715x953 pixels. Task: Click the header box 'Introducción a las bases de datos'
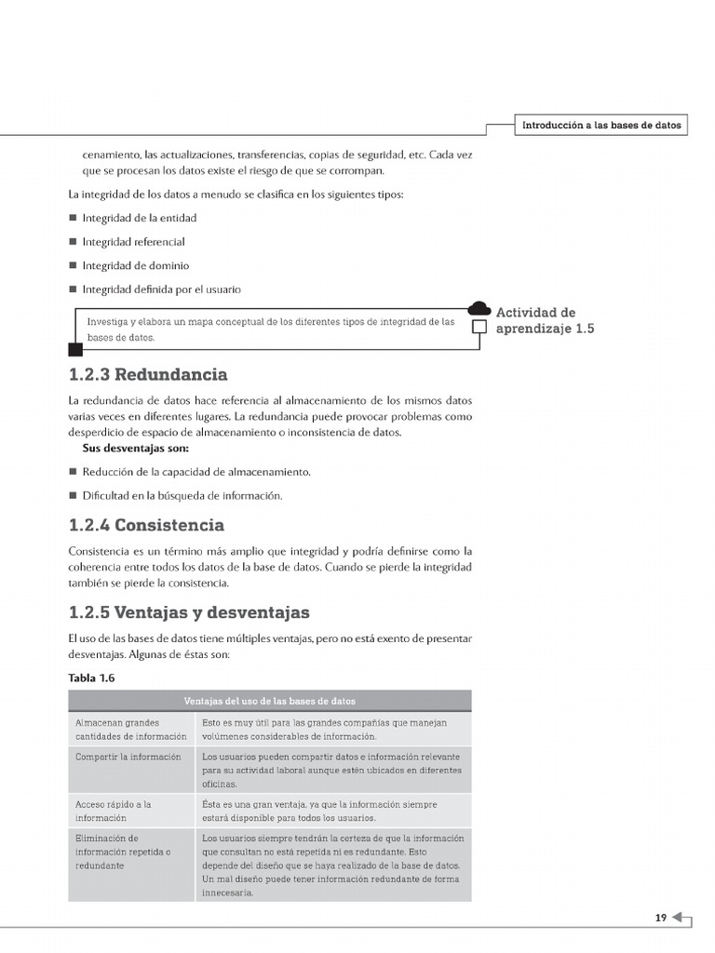pos(601,125)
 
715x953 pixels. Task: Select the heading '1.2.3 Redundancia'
pos(148,375)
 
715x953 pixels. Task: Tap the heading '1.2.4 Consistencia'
pos(146,525)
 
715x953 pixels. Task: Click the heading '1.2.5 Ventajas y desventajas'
pos(189,613)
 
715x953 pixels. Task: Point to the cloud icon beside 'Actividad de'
pos(479,310)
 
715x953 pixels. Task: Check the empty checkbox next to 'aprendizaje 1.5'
pos(479,328)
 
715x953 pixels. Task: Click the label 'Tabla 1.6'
pos(91,678)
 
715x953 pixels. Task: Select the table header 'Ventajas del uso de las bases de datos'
pos(270,701)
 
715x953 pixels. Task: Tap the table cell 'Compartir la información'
pos(128,757)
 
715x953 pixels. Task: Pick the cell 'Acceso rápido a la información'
pos(114,811)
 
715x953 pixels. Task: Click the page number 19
pos(660,918)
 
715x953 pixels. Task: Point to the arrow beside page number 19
pos(681,919)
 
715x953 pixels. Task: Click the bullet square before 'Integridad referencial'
pos(73,242)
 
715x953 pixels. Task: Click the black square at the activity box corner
pos(75,350)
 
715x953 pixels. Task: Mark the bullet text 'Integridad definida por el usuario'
pos(161,289)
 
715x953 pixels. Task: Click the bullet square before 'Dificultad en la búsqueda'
pos(73,496)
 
